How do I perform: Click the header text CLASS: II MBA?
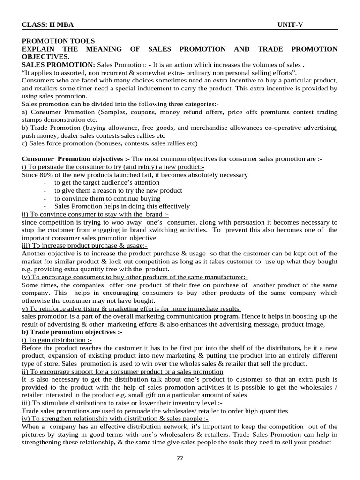pos(47,24)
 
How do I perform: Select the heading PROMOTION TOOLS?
pos(58,41)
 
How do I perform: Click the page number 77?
pos(180,458)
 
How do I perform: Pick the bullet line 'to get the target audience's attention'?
pos(106,182)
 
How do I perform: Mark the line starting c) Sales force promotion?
pos(110,143)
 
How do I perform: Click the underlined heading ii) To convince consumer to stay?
pos(92,214)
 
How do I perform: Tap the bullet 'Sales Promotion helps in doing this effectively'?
pos(122,206)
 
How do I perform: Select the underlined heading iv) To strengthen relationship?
pos(115,419)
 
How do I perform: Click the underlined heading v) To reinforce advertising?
pos(131,308)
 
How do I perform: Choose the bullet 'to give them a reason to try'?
pos(118,190)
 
